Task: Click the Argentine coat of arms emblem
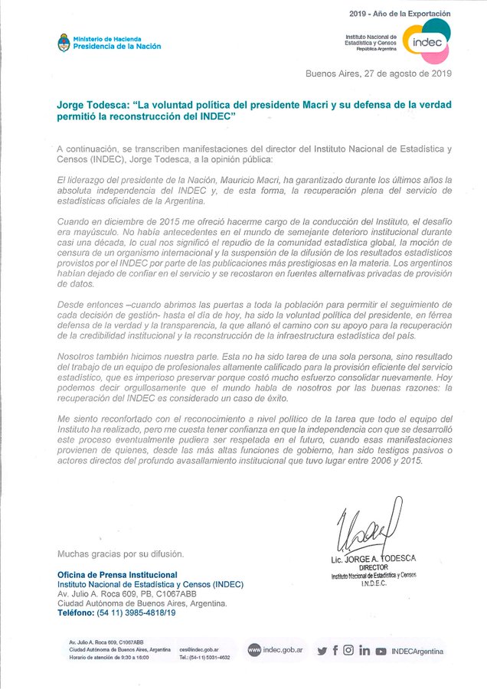click(x=64, y=42)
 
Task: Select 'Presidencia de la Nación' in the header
click(x=117, y=46)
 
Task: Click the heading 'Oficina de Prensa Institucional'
click(x=117, y=574)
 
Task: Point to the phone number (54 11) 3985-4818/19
click(x=134, y=613)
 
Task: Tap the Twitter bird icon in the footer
click(x=322, y=651)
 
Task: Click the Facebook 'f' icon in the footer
click(x=335, y=651)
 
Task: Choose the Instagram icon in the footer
click(x=348, y=651)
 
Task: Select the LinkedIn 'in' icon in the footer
click(x=364, y=651)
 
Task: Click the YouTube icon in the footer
click(x=381, y=651)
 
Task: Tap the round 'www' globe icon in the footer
click(x=253, y=650)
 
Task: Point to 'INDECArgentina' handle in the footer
click(x=417, y=651)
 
